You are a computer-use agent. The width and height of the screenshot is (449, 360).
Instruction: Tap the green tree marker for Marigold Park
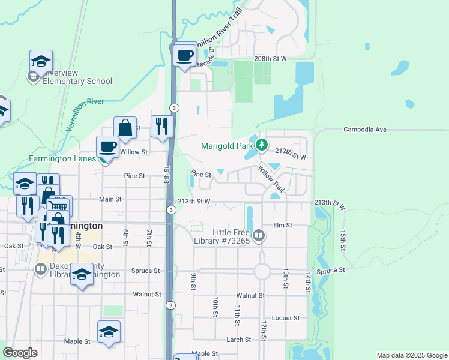click(262, 145)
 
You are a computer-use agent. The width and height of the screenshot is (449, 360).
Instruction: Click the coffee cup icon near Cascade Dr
click(185, 55)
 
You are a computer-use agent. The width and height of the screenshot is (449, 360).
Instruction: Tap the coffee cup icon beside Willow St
click(108, 147)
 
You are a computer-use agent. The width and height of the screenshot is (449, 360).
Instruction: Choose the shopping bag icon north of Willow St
click(125, 128)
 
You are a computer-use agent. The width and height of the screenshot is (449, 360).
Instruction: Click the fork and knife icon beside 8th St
click(162, 126)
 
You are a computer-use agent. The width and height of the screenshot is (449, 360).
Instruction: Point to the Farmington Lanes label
click(62, 159)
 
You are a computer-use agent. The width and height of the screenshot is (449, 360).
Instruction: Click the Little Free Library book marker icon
click(259, 236)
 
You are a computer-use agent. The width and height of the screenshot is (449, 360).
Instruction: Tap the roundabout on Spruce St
click(262, 271)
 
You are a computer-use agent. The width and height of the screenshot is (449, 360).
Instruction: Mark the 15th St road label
click(343, 239)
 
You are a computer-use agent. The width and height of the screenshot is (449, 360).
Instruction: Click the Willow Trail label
click(271, 179)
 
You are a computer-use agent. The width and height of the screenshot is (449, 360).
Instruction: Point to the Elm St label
click(282, 226)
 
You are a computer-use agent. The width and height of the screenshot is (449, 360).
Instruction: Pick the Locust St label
click(285, 318)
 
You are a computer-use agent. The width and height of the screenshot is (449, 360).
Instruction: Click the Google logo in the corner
click(20, 353)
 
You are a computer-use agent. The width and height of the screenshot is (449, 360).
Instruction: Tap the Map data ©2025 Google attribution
click(411, 355)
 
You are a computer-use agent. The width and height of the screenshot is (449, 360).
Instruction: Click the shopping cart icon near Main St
click(59, 206)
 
